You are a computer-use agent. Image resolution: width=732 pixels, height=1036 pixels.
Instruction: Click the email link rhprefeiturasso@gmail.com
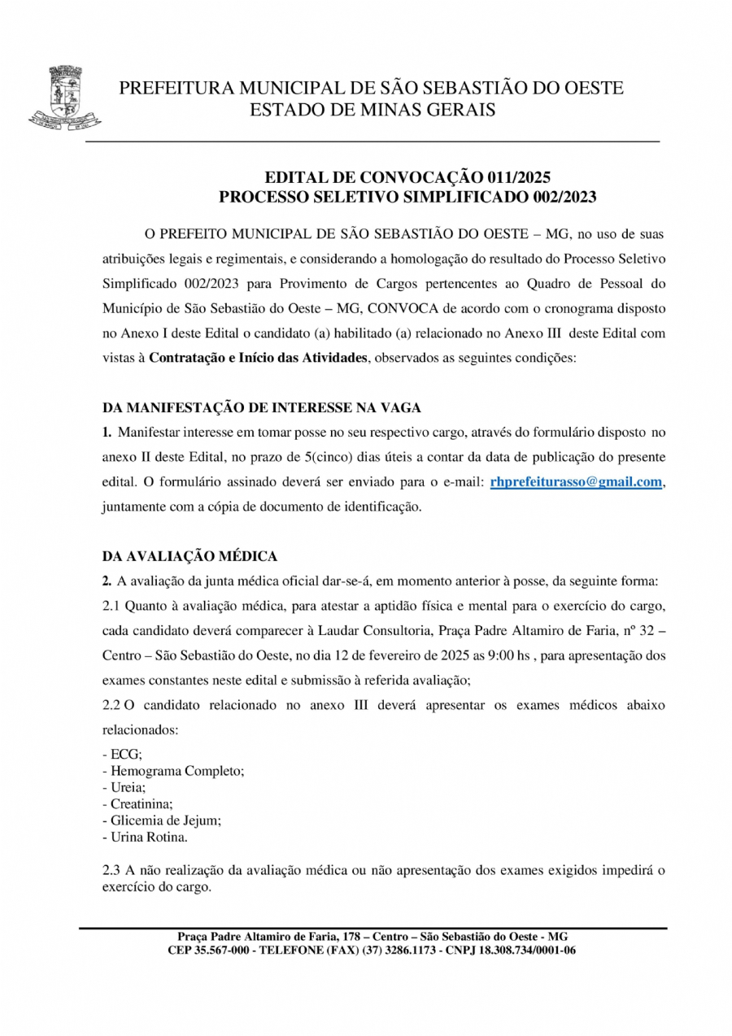pyautogui.click(x=576, y=482)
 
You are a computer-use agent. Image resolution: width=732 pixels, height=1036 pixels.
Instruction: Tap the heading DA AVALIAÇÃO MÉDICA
pyautogui.click(x=190, y=556)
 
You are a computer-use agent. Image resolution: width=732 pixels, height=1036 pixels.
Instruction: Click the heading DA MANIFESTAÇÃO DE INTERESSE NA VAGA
pyautogui.click(x=261, y=407)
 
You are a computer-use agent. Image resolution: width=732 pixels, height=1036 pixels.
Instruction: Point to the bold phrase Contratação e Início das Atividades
pyautogui.click(x=258, y=359)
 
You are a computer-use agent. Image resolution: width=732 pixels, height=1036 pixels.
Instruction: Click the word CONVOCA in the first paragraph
pyautogui.click(x=377, y=309)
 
